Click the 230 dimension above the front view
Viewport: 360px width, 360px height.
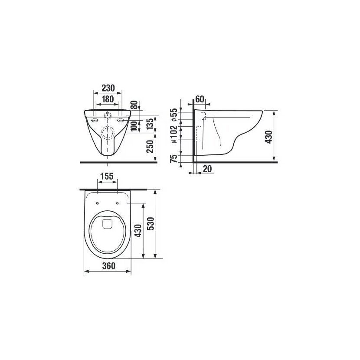pos(108,88)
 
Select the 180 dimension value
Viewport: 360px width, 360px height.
pos(108,99)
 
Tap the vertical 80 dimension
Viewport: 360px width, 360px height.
pos(135,105)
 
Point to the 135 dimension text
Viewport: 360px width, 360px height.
pos(150,124)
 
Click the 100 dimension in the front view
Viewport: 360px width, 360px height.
pos(134,126)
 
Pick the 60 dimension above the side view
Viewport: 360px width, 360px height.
pos(200,99)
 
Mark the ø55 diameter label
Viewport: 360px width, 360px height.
pos(174,115)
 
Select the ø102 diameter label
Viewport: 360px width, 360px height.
pos(174,134)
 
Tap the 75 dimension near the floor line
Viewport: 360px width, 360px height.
pos(174,159)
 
